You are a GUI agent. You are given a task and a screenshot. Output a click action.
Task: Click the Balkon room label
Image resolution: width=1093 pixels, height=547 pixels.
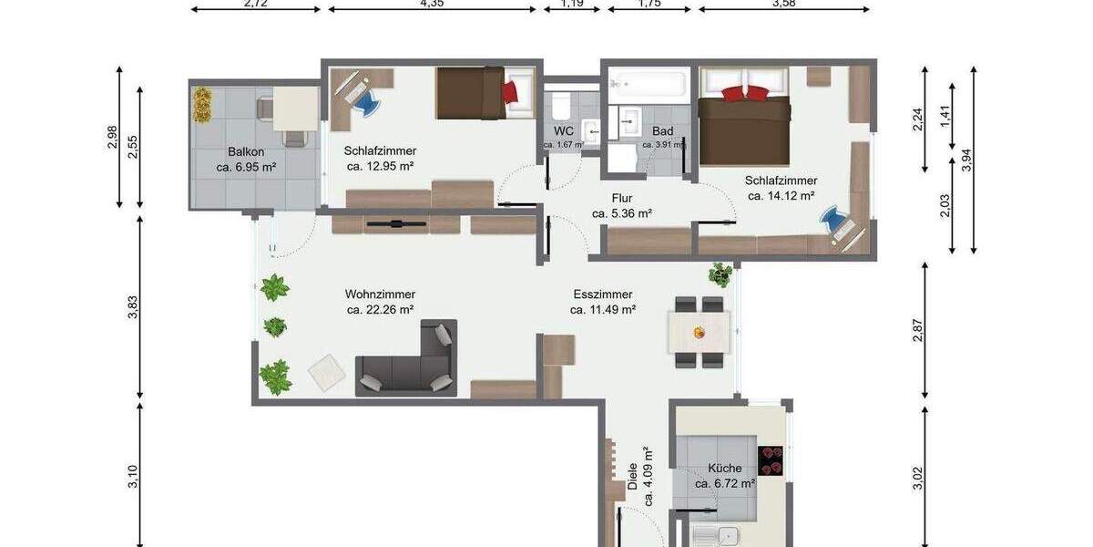(x=246, y=151)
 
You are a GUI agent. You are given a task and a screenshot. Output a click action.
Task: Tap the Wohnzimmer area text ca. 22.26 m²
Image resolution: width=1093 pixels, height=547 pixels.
(x=380, y=310)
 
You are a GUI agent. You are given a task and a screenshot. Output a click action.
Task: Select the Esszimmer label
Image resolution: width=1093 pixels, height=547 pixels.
(x=602, y=294)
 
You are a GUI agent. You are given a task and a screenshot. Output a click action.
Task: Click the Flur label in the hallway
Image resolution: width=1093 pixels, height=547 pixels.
(x=622, y=198)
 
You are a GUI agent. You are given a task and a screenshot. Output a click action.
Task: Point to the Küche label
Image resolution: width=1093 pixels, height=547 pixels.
(x=725, y=469)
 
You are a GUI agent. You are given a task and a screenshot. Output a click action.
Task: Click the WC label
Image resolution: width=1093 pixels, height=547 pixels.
(x=563, y=131)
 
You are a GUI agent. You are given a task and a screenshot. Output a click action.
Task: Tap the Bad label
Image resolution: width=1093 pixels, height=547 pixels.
(x=662, y=131)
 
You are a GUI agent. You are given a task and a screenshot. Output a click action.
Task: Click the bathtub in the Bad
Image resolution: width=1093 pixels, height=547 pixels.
(x=648, y=86)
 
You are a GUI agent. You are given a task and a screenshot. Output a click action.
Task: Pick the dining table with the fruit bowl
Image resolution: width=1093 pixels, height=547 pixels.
(x=699, y=332)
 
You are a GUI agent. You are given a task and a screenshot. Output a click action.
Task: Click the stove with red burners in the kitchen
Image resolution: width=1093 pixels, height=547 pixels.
(x=771, y=460)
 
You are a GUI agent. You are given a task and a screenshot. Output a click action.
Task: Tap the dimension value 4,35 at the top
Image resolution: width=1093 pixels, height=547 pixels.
(x=432, y=4)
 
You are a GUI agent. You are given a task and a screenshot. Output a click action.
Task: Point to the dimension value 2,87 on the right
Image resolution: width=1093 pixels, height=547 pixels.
(x=918, y=331)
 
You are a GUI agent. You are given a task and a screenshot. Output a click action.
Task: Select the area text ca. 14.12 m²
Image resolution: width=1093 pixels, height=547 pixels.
(x=781, y=195)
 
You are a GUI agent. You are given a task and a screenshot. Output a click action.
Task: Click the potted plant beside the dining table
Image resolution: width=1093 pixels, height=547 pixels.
(x=720, y=273)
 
